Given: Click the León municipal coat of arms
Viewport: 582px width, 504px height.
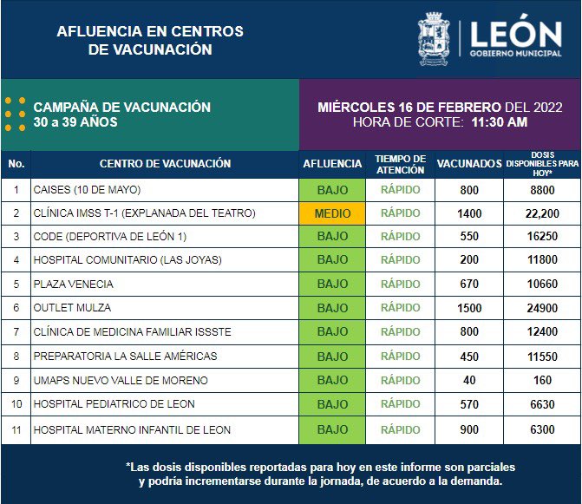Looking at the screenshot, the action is coord(434,39).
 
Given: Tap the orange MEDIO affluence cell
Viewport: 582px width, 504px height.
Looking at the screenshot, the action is coord(332,213).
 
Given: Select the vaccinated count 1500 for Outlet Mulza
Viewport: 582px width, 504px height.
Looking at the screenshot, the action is coord(469,308).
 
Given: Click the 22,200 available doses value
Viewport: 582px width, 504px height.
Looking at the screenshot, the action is coord(542,213).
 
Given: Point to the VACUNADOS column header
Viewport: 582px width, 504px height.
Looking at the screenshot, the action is coord(469,164).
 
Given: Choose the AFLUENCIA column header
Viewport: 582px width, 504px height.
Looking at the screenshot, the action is coord(332,164).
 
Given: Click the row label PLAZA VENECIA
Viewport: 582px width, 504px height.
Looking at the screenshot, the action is coord(73,284).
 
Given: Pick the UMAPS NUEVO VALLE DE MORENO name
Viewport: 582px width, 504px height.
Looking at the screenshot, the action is coord(121,381).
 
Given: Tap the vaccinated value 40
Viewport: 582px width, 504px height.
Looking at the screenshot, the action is coord(469,380).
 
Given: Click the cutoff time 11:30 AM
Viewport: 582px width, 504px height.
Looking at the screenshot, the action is coord(500,122).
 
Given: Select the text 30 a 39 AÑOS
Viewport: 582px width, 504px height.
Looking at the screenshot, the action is coord(75,122).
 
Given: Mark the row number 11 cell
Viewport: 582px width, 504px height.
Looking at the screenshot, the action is coord(16,430).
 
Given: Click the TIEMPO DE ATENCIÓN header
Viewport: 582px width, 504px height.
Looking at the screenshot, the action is coord(400,164).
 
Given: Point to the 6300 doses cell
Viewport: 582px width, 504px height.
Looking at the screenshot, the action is coord(542,429).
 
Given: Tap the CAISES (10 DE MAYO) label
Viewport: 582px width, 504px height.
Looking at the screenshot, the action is coord(87,190).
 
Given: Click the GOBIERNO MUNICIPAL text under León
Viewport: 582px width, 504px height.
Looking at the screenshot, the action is coord(515,54).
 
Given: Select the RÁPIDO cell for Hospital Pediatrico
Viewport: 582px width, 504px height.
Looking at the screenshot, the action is coord(400,404).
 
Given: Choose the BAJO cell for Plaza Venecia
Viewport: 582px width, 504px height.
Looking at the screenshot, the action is coord(332,284).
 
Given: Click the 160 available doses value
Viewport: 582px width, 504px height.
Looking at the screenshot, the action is coord(542,380).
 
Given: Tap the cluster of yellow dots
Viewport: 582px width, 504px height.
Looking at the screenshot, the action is coord(16,114).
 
